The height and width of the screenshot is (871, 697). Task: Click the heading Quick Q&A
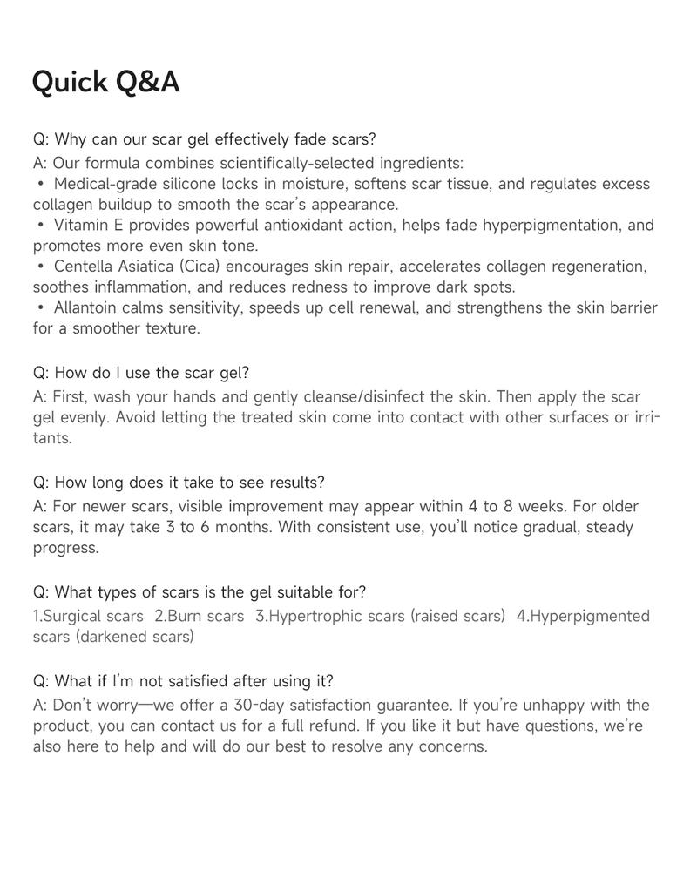coord(105,82)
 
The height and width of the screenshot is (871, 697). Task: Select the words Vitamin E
coord(87,226)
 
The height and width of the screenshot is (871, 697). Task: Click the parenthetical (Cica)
coord(200,267)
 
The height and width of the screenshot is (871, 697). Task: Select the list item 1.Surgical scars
coord(88,617)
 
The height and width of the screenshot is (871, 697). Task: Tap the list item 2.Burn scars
coord(200,617)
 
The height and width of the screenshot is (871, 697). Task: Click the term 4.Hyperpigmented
coord(583,617)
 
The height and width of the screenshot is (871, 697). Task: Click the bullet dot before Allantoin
coord(41,307)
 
